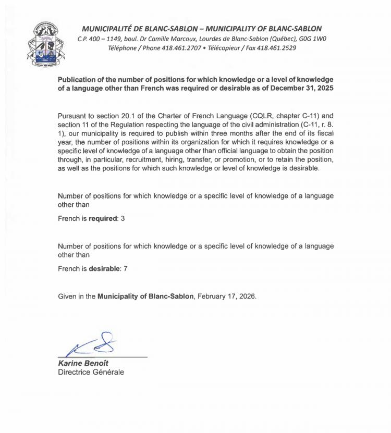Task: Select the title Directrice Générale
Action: (x=91, y=372)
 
